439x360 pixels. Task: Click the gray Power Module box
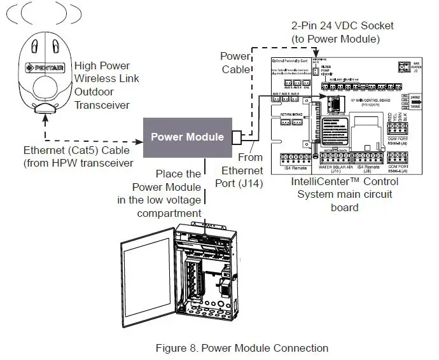187,137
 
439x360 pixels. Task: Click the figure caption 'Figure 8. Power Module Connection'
242,348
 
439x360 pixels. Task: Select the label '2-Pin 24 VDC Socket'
342,26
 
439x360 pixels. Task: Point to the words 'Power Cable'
235,63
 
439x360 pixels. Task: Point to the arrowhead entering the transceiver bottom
44,117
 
